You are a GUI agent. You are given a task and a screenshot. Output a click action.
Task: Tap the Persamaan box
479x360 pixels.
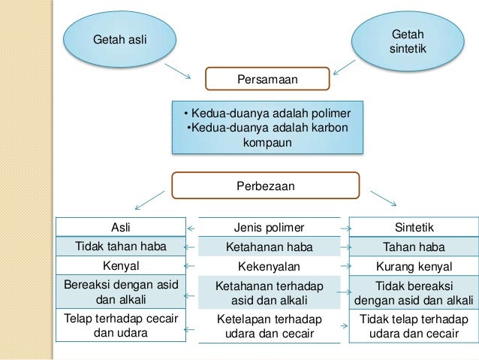(x=268, y=78)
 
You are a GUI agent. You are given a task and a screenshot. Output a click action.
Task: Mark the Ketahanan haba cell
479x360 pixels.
(x=270, y=247)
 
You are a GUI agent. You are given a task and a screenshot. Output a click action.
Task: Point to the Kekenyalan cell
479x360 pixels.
(x=270, y=266)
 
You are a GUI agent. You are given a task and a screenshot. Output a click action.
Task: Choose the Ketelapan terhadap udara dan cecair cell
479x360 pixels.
(x=270, y=326)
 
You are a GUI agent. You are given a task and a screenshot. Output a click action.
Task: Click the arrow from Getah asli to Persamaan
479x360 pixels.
(x=179, y=71)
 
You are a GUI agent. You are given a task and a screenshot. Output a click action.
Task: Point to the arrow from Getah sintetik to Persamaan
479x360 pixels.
(x=349, y=68)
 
